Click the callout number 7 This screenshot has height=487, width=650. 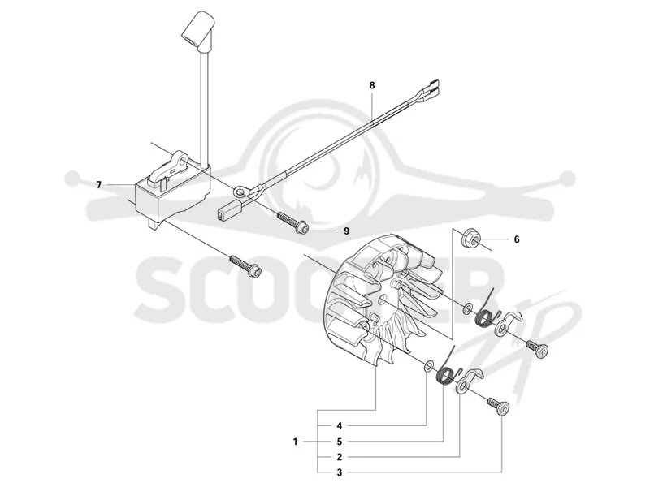click(x=98, y=185)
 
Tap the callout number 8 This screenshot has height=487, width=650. click(x=372, y=86)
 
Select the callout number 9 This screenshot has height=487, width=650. click(x=346, y=231)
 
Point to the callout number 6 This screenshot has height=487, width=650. click(x=517, y=239)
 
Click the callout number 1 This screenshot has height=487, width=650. click(x=295, y=442)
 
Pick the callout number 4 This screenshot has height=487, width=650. click(x=339, y=425)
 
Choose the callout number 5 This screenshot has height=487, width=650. click(x=339, y=442)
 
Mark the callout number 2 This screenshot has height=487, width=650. click(x=339, y=457)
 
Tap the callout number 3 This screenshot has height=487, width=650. click(x=339, y=472)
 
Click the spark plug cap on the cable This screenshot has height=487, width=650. click(x=198, y=28)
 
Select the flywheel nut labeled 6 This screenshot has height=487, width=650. click(x=471, y=238)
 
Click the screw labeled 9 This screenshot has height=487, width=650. click(x=292, y=222)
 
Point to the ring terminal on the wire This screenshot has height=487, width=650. click(x=240, y=192)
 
